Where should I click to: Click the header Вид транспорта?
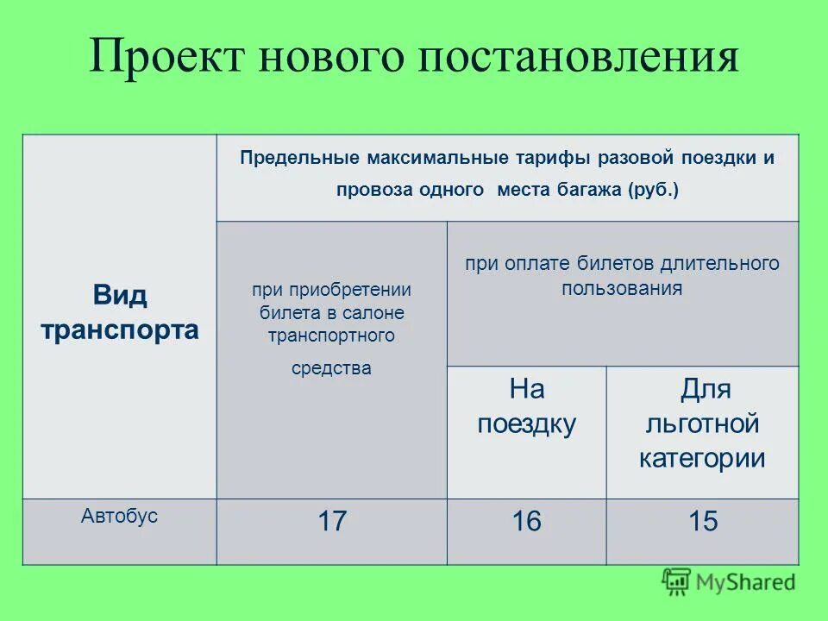[120, 312]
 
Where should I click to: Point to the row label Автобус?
[120, 517]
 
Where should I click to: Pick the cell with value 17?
[331, 522]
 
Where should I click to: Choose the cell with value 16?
[526, 522]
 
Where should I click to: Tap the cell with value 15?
[702, 522]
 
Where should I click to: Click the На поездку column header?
[526, 406]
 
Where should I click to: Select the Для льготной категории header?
[702, 423]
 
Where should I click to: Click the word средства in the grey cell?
[331, 368]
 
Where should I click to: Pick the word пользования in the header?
[622, 288]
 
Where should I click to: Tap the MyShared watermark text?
[746, 582]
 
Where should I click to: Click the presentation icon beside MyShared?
[676, 581]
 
